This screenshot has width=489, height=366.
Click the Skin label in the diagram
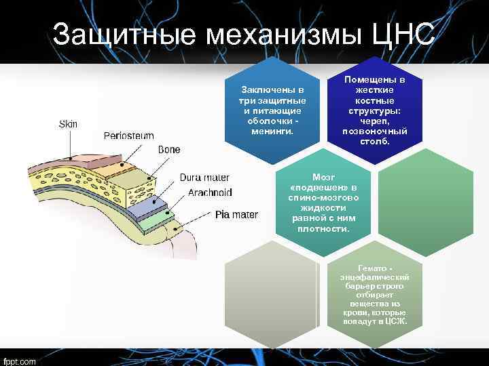point(68,124)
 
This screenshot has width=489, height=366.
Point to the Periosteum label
point(128,136)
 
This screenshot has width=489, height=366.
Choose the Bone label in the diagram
point(169,149)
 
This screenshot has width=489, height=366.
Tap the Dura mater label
point(204,178)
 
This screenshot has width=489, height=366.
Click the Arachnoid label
point(210,192)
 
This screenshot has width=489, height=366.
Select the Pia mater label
point(236,215)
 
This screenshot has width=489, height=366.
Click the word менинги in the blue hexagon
point(270,131)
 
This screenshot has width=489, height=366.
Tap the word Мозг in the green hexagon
point(323,176)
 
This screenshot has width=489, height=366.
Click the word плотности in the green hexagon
point(323,228)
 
